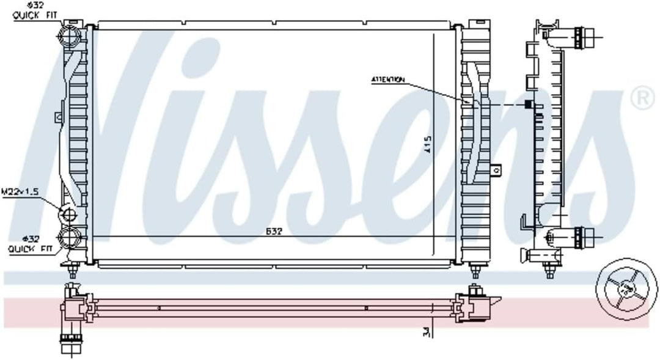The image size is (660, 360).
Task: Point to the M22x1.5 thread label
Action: pos(20,191)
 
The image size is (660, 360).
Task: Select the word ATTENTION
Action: pos(387,79)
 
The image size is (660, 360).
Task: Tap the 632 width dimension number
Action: pos(273,232)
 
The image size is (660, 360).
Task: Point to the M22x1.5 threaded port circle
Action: pos(68,214)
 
